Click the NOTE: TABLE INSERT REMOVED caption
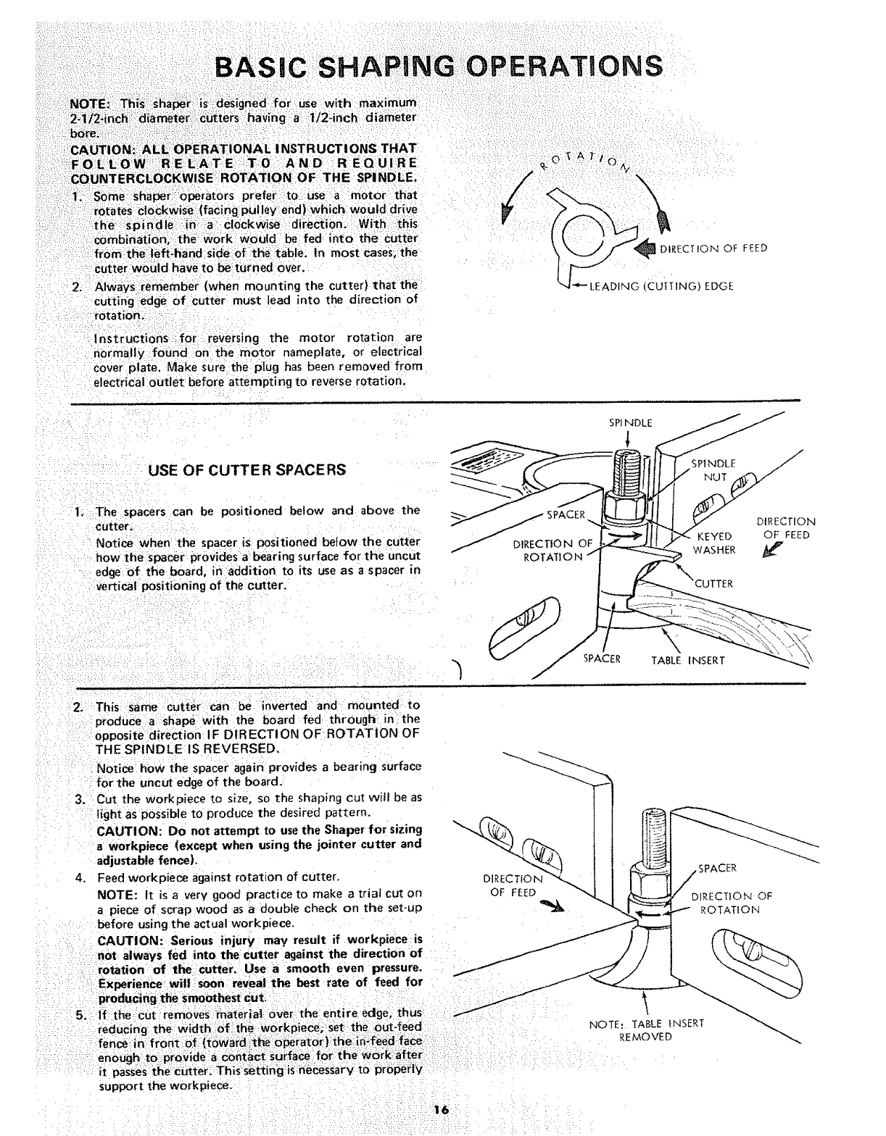[x=646, y=1029]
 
